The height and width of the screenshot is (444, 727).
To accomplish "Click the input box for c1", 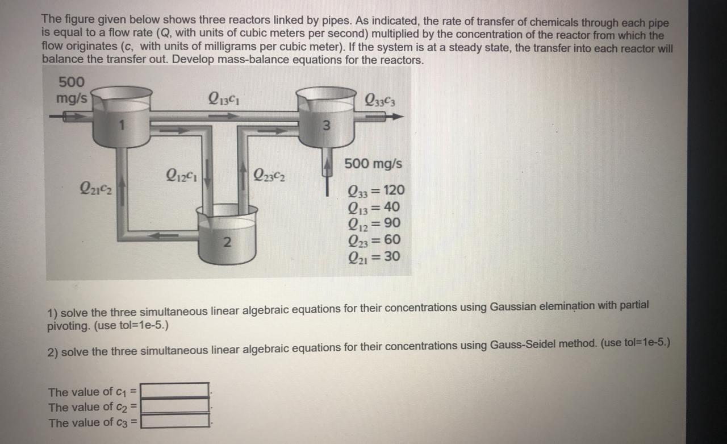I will pyautogui.click(x=175, y=391).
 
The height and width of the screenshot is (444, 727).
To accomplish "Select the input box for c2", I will pyautogui.click(x=175, y=406).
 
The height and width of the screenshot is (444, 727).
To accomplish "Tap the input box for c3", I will pyautogui.click(x=175, y=421).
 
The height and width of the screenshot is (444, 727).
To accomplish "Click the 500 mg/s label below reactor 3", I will pyautogui.click(x=373, y=164).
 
